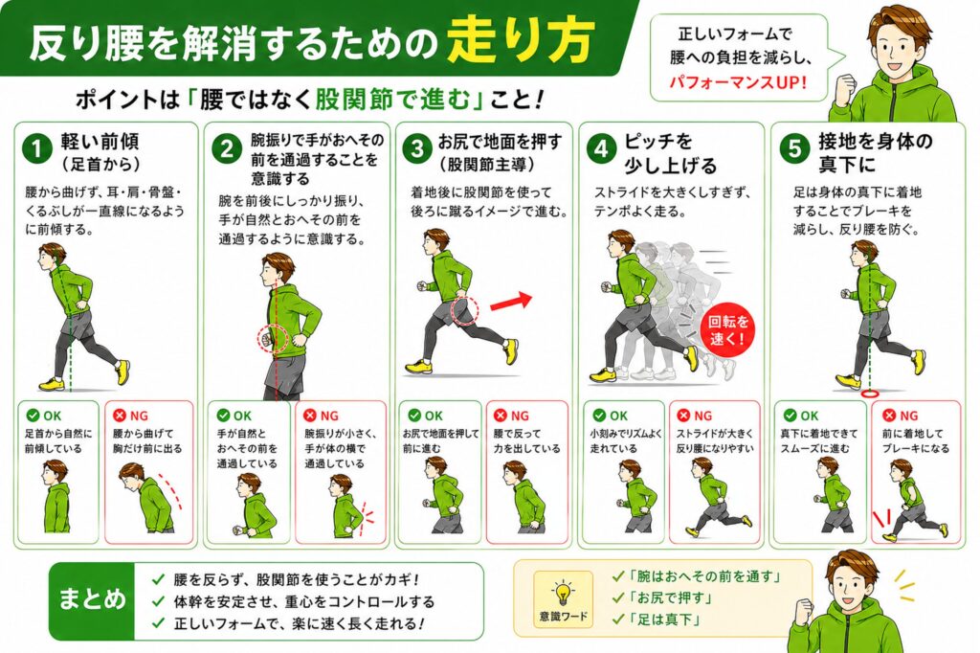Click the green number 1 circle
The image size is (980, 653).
click(x=37, y=148)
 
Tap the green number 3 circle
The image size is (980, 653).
click(x=417, y=148)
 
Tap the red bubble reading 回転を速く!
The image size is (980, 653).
click(x=727, y=330)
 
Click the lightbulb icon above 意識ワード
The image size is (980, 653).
click(x=563, y=592)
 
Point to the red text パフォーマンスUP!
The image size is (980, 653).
click(x=738, y=82)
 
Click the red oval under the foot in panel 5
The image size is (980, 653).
click(x=869, y=394)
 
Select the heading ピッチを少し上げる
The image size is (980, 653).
click(x=670, y=153)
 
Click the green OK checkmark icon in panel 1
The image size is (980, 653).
click(x=33, y=416)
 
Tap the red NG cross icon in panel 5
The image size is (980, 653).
click(x=889, y=416)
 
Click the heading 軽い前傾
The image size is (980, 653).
click(x=100, y=142)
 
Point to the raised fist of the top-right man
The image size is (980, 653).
click(x=844, y=85)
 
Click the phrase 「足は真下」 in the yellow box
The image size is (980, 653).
click(x=664, y=619)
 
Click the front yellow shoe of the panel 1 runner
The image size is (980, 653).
click(x=52, y=383)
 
